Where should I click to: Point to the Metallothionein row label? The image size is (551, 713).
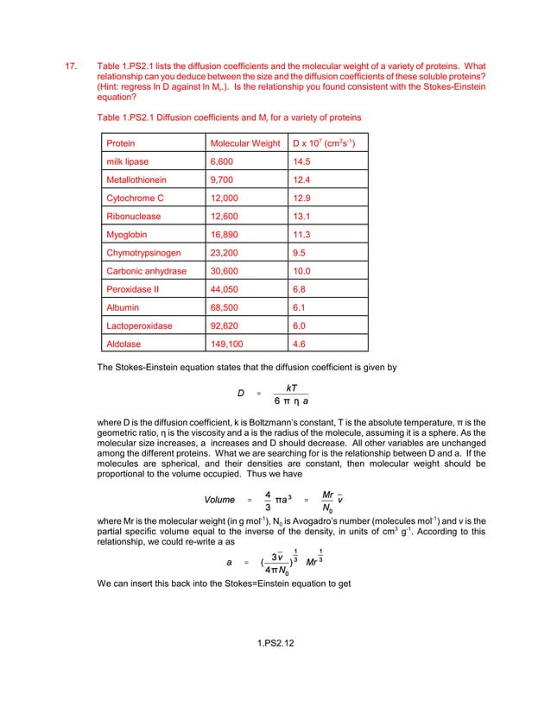136,180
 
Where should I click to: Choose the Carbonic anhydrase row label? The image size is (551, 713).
142,270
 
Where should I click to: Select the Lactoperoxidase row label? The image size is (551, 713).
139,325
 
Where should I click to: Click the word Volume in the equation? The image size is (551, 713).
220,500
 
